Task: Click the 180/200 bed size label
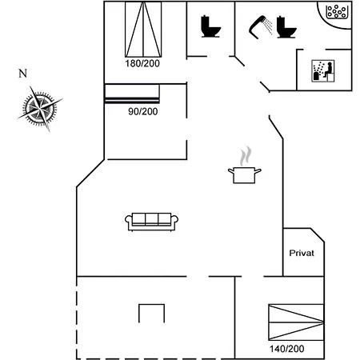click(142, 63)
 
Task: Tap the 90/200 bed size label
click(143, 111)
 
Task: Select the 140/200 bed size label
click(286, 349)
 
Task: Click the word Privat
click(302, 253)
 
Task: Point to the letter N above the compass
click(22, 74)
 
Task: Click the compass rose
click(40, 109)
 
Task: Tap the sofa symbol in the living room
click(151, 222)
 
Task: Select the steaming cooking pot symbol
click(245, 165)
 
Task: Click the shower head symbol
click(260, 26)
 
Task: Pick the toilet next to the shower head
click(286, 27)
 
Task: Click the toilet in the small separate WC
click(210, 26)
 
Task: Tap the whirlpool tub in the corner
click(337, 12)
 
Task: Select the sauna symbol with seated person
click(323, 71)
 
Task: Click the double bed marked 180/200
click(143, 30)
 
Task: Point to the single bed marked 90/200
click(132, 94)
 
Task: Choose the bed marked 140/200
click(296, 322)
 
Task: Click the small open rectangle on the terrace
click(151, 305)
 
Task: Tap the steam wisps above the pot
click(246, 156)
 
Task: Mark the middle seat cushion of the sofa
click(151, 219)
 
